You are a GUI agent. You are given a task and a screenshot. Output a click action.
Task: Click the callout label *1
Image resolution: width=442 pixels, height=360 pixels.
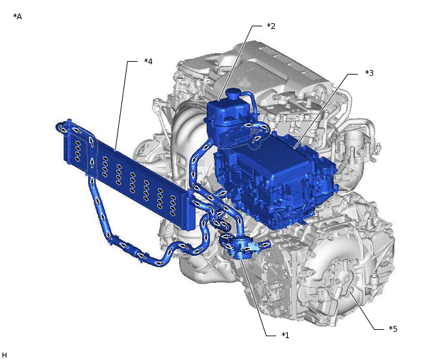click(286, 335)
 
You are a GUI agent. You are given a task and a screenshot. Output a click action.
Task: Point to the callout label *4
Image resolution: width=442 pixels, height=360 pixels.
click(148, 62)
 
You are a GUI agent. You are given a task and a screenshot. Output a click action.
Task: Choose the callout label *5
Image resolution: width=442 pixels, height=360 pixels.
click(393, 328)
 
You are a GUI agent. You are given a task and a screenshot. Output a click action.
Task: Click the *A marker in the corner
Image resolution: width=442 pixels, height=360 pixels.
click(17, 16)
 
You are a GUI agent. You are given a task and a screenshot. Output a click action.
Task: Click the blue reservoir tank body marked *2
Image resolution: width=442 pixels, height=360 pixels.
click(225, 119)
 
